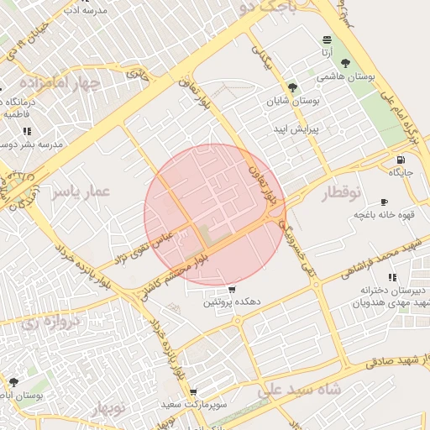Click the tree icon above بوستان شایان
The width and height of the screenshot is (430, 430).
coord(292,87)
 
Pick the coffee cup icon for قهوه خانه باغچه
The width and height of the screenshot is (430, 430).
coord(385,202)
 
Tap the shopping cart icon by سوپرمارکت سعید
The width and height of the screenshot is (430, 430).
coord(193,392)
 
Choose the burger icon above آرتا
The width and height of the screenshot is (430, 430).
coord(326,40)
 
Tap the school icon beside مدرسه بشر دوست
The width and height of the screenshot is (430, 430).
coord(28,131)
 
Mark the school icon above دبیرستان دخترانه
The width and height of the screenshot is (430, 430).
coord(391,277)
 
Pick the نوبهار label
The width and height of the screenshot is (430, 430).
coord(108,409)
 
